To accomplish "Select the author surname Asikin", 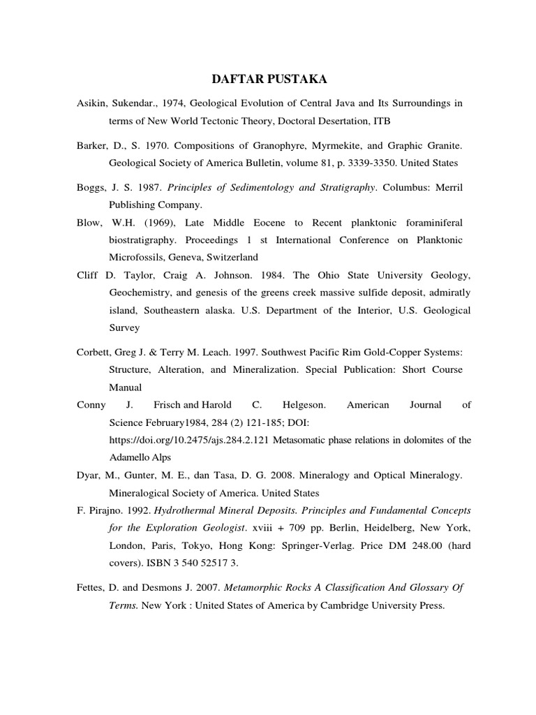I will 91,103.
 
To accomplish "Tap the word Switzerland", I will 229,257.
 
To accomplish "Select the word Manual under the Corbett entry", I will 125,387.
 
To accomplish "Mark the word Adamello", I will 132,457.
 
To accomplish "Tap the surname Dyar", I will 89,475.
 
